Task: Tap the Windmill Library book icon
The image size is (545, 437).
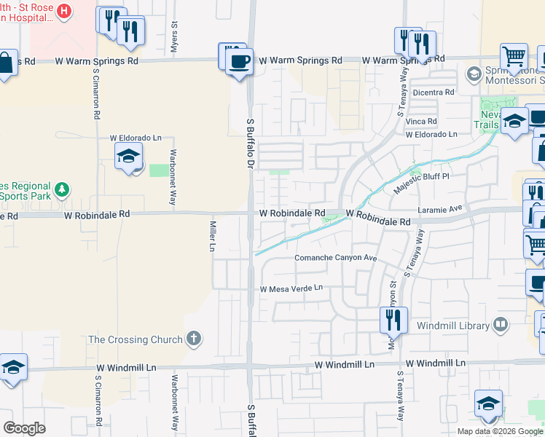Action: pyautogui.click(x=501, y=323)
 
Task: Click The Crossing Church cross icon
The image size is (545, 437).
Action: pyautogui.click(x=193, y=338)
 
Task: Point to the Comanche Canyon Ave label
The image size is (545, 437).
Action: pyautogui.click(x=335, y=258)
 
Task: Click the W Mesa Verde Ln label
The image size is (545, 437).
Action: pyautogui.click(x=291, y=288)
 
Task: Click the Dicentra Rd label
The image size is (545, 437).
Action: pyautogui.click(x=433, y=92)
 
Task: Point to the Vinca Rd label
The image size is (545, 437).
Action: pyautogui.click(x=422, y=121)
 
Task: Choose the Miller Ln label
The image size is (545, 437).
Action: pyautogui.click(x=213, y=237)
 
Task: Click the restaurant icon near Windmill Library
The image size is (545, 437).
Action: pyautogui.click(x=391, y=318)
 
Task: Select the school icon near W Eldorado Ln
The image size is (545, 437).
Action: pyautogui.click(x=128, y=157)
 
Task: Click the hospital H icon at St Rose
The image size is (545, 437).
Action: pyautogui.click(x=63, y=11)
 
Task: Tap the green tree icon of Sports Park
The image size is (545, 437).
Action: pyautogui.click(x=63, y=189)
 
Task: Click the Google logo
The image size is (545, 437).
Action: pyautogui.click(x=24, y=428)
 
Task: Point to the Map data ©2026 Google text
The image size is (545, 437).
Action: pyautogui.click(x=500, y=431)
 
